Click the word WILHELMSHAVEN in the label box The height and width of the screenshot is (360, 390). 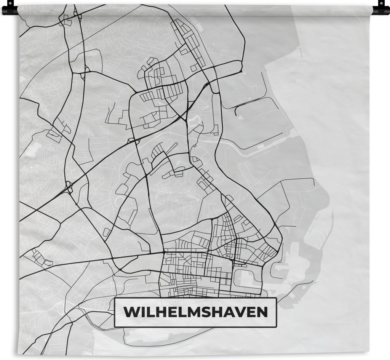pos(195,313)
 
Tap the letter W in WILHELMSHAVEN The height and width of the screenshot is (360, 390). pos(130,313)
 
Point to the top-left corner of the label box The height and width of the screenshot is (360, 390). pos(115,298)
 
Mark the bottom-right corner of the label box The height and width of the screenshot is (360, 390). pos(276,327)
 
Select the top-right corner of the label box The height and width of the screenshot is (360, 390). pos(276,298)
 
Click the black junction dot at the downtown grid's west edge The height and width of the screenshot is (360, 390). pos(164,252)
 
